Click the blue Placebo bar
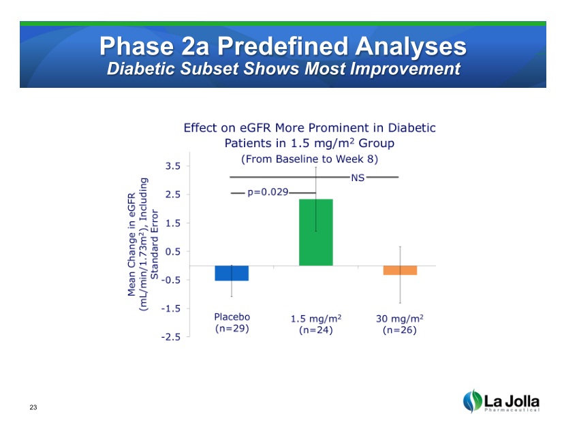232,273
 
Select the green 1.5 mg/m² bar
316,232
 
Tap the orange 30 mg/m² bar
400,270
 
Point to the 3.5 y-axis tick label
173,165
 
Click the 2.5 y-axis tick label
173,194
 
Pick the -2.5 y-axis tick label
171,336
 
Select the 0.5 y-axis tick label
173,251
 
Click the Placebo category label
232,317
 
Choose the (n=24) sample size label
315,330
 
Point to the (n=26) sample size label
399,330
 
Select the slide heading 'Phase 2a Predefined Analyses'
283,46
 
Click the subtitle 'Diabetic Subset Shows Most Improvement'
283,69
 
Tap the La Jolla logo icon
471,401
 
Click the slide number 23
33,407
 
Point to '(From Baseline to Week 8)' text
310,159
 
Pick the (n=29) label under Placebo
232,328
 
